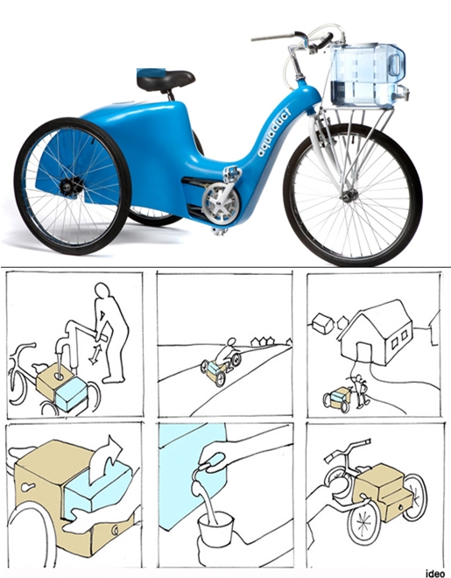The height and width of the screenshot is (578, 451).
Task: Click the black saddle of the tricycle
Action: click(166, 80)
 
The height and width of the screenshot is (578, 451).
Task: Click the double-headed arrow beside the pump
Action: click(95, 355)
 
